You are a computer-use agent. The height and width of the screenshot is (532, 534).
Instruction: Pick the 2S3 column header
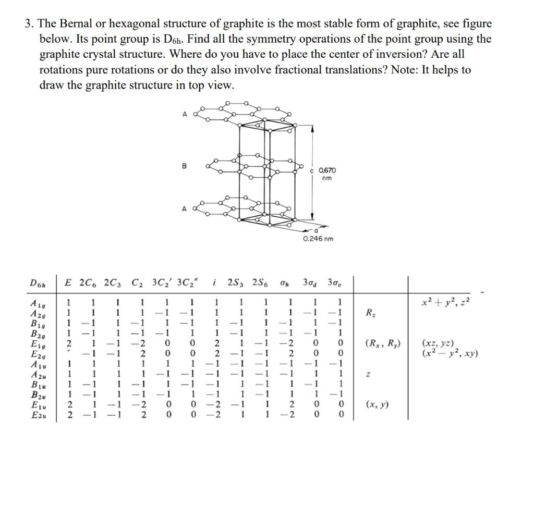click(x=238, y=283)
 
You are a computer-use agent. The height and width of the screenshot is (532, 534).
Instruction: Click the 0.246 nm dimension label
click(x=318, y=239)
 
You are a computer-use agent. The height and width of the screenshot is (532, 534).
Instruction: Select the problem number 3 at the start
click(x=28, y=24)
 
